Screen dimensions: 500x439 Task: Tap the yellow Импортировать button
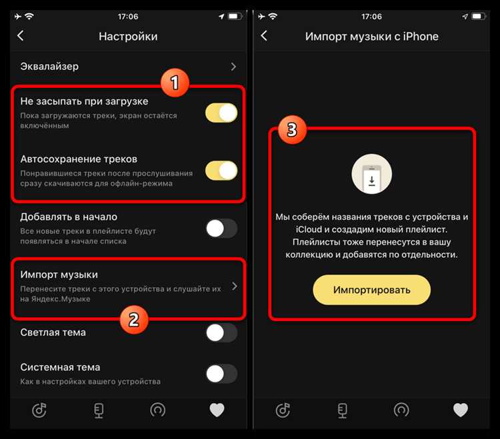[371, 290]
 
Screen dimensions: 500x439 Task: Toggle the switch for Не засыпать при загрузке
[221, 113]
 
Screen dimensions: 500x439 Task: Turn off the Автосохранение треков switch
[221, 171]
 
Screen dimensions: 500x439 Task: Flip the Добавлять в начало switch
[221, 228]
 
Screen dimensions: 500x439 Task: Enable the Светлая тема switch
[221, 333]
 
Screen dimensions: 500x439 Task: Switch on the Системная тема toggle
[221, 373]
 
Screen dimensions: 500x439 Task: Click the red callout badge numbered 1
[175, 83]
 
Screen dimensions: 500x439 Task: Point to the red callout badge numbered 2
[134, 320]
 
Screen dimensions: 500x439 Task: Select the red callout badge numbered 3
[292, 130]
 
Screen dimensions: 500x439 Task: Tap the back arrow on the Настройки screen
[21, 36]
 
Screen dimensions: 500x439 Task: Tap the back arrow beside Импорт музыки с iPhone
[264, 36]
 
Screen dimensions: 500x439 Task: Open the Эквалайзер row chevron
[233, 67]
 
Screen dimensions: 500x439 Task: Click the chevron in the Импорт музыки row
[235, 286]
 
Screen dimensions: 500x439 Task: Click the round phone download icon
[371, 174]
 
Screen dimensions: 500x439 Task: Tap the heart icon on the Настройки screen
[217, 410]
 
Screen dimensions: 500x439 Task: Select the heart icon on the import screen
[461, 410]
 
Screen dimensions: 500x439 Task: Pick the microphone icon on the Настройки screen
[99, 410]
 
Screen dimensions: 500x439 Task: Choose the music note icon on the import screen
[283, 410]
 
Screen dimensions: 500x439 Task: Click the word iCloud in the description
[309, 229]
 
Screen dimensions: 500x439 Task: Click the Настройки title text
[128, 37]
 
